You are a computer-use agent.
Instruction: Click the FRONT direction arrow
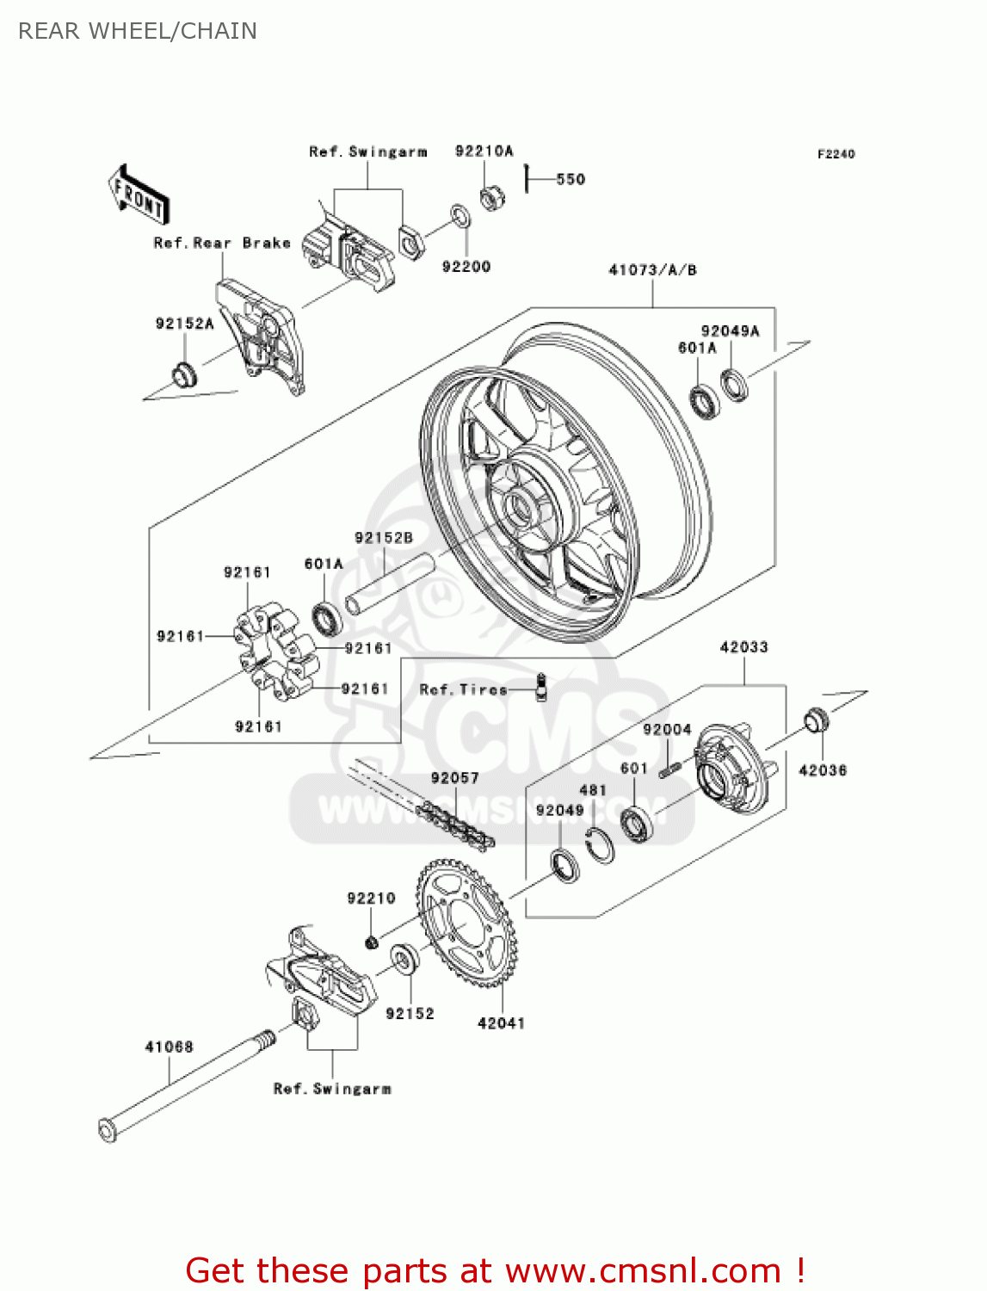coord(139,195)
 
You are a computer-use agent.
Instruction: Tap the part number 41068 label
coord(169,1047)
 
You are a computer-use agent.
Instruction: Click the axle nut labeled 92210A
coord(491,199)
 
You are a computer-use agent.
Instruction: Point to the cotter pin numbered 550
coord(526,179)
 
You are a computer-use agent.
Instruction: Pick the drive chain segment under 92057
coord(456,823)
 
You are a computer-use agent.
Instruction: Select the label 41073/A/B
coord(652,270)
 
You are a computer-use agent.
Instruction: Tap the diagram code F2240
coord(836,154)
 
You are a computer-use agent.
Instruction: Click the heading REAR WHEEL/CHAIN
coord(138,31)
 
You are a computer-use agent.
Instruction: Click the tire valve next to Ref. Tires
coord(541,688)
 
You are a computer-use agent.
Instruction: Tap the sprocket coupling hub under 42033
coord(731,769)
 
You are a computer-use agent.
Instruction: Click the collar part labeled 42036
coord(817,720)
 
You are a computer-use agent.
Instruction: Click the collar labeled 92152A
coord(183,376)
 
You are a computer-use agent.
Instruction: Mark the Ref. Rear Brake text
coord(222,244)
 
